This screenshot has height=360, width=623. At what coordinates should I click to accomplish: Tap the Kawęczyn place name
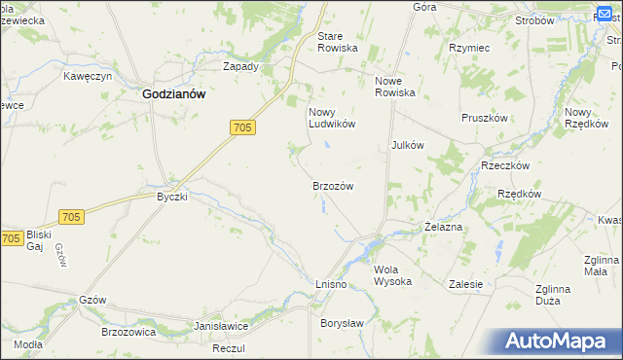[89, 76]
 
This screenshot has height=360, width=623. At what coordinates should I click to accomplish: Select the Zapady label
[240, 67]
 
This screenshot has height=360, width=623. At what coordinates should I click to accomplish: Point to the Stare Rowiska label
[338, 42]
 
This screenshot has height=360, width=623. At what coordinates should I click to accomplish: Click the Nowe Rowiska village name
[395, 87]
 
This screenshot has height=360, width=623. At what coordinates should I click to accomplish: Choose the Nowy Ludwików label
[332, 118]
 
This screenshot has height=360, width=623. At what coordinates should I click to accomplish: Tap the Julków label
[408, 145]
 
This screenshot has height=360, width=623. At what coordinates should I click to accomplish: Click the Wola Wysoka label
[393, 275]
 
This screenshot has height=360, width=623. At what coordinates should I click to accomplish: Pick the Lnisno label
[331, 282]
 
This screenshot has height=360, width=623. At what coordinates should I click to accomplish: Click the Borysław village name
[342, 322]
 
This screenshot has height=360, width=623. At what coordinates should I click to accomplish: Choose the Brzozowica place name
[129, 332]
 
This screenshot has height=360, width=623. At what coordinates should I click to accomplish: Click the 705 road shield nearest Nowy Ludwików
[243, 127]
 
